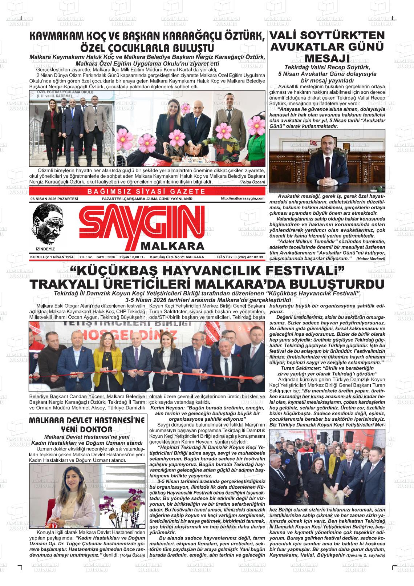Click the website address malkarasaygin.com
[x=242, y=198]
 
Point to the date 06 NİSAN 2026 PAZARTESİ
[x=54, y=199]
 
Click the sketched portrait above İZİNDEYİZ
[x=47, y=224]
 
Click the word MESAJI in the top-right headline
[x=327, y=58]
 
